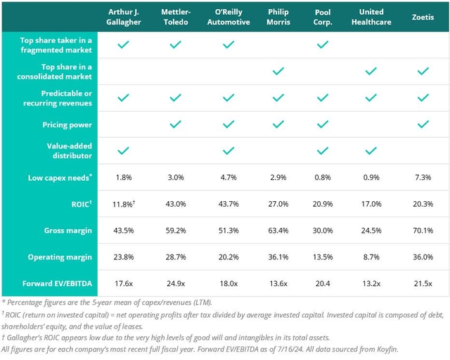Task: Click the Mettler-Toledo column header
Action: [175, 17]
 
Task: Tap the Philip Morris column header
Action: [278, 17]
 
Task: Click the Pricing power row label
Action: [74, 124]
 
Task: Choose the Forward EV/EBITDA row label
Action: [62, 283]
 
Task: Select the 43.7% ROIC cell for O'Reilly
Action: [227, 203]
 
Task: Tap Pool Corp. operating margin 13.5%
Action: [322, 257]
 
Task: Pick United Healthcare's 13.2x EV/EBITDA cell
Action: [371, 283]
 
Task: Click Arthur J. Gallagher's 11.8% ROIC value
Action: [123, 203]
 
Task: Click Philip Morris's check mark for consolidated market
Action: [278, 71]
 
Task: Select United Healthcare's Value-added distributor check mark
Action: [371, 150]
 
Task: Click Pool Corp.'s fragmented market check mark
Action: [322, 44]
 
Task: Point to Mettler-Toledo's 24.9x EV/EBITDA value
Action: [175, 283]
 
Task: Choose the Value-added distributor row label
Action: [67, 150]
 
